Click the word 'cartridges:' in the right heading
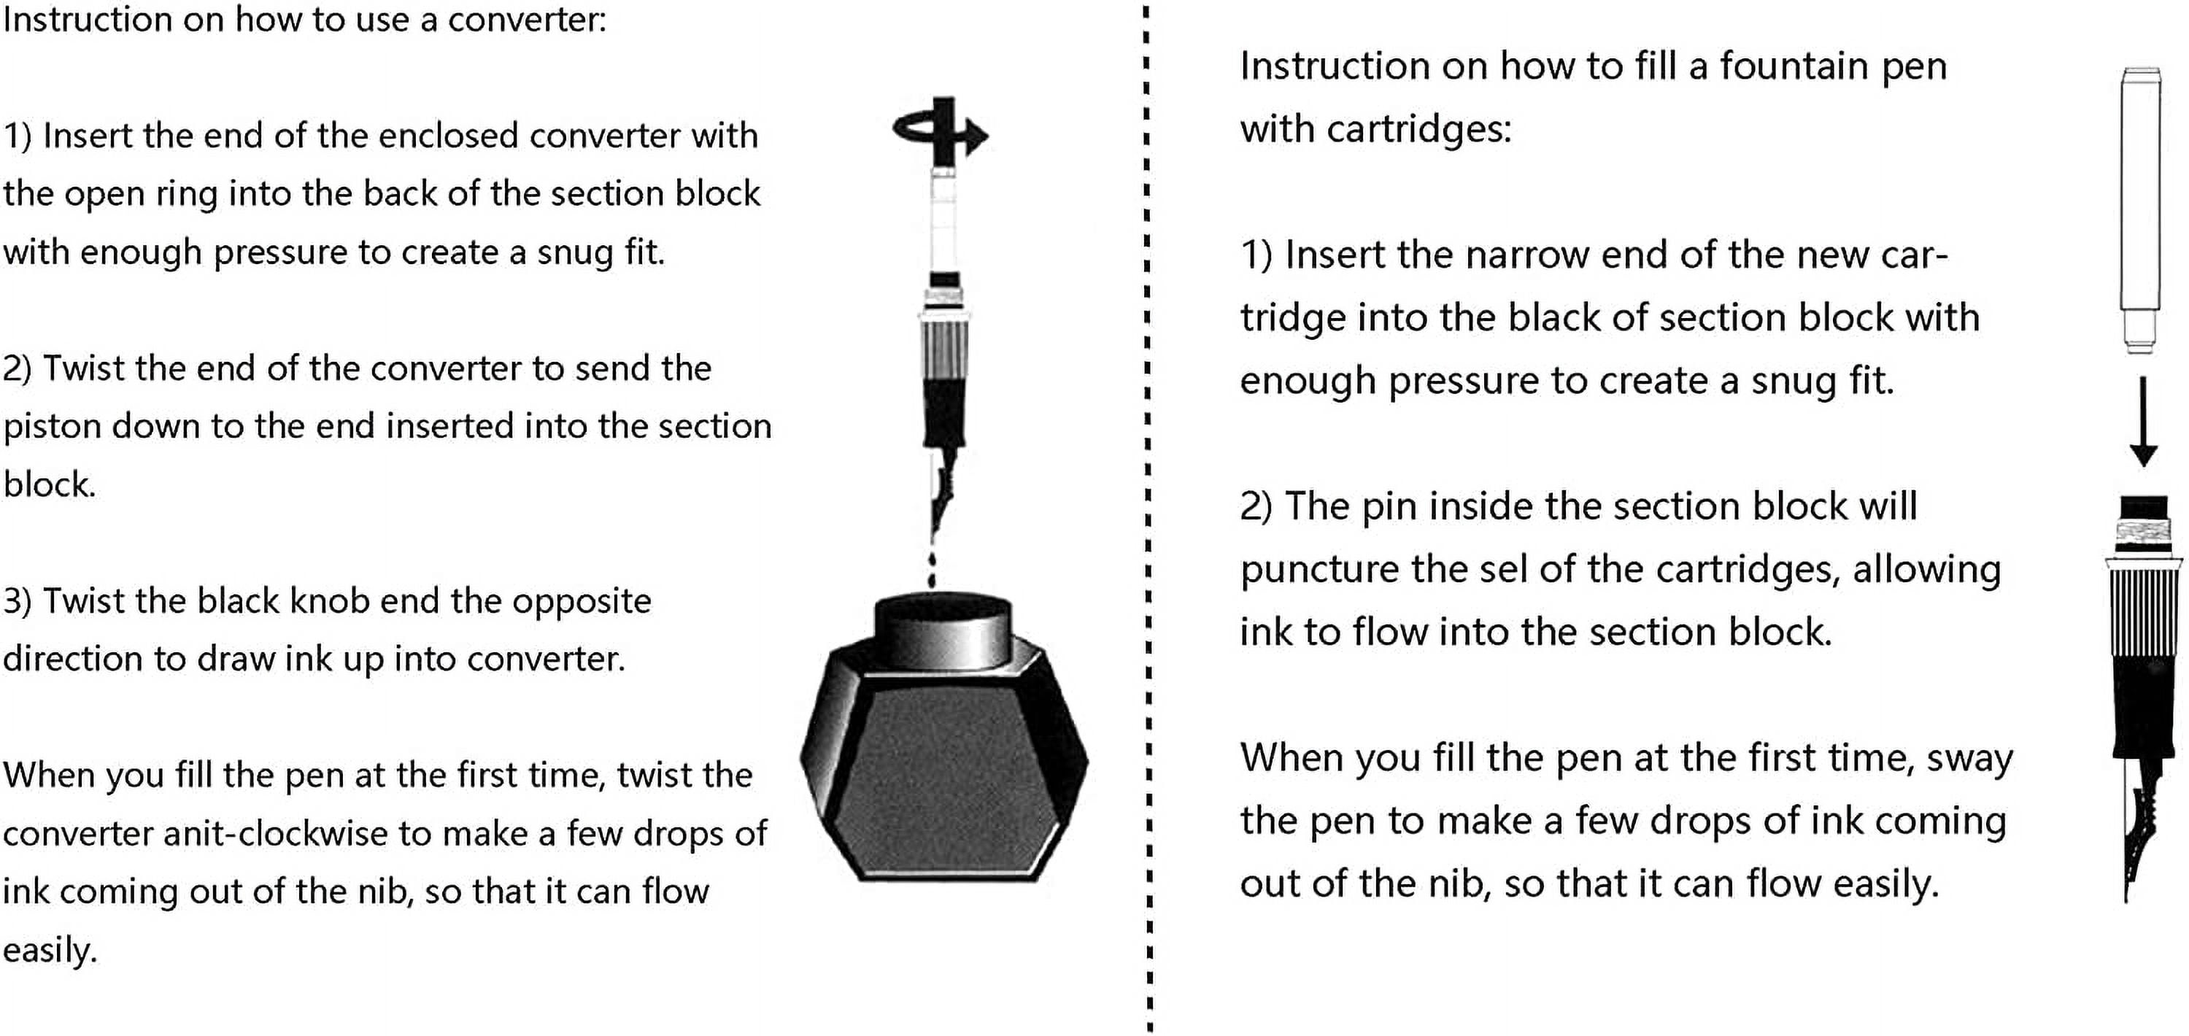pos(1418,129)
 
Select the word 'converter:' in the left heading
pos(527,20)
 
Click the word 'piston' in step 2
pos(53,426)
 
